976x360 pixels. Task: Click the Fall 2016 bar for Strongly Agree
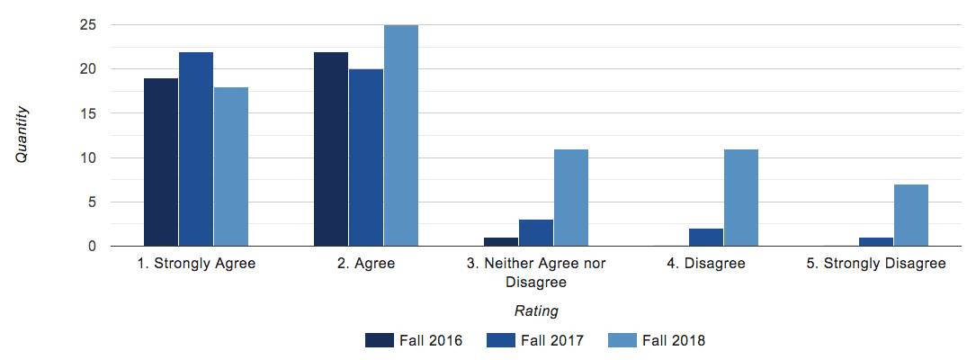[x=161, y=162]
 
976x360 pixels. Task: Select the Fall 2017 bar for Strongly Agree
[x=196, y=149]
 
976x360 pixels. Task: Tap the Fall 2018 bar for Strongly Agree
[x=231, y=166]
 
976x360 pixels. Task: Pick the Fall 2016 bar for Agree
[x=331, y=149]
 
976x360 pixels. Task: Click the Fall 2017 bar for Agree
[x=366, y=157]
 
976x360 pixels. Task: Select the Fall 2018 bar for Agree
[x=401, y=136]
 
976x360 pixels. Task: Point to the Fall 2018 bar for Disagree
[x=741, y=198]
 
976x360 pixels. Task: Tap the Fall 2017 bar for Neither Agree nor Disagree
[x=536, y=233]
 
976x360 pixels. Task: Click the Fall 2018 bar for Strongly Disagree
[x=911, y=215]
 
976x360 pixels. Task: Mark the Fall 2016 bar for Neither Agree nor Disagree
[x=501, y=242]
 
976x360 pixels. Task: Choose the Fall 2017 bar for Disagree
[x=706, y=238]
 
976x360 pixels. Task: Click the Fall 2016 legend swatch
[x=380, y=340]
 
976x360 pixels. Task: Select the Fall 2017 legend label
[x=552, y=340]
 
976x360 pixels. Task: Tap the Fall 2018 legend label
[x=674, y=340]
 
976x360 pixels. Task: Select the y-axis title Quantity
[x=22, y=135]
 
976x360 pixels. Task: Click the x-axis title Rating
[x=536, y=311]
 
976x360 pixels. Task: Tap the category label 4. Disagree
[x=706, y=264]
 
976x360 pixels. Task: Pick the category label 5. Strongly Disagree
[x=876, y=264]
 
